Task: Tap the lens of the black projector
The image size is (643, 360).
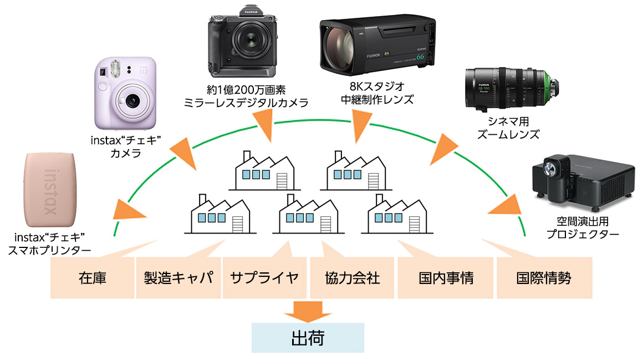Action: pos(550,166)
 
